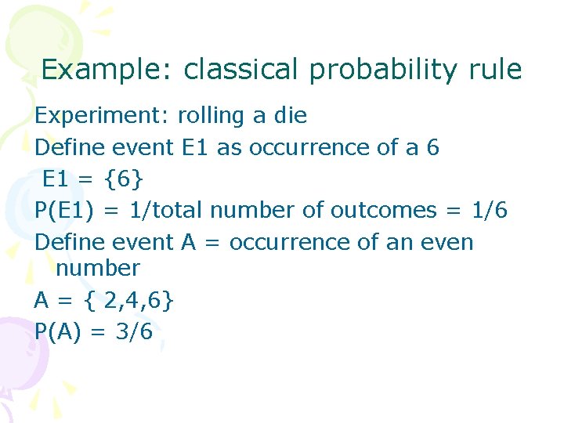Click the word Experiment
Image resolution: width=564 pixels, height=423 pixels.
click(x=102, y=116)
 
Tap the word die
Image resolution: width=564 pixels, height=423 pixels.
click(x=290, y=116)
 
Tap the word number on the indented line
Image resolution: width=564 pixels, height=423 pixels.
click(x=98, y=268)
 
